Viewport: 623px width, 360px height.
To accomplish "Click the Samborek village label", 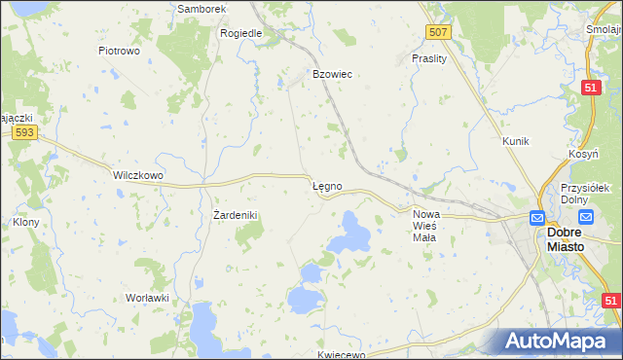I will (202, 9).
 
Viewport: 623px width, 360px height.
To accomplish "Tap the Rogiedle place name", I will (241, 32).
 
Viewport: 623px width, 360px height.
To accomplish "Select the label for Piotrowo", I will (121, 50).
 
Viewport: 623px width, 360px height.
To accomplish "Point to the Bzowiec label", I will (331, 74).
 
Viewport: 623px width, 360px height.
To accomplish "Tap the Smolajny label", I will (605, 29).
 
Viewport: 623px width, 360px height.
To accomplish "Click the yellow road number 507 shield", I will (439, 32).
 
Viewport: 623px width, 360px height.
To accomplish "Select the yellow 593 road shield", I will (25, 133).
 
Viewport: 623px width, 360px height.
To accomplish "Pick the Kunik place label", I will (515, 141).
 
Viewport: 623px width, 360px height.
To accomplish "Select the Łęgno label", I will (326, 185).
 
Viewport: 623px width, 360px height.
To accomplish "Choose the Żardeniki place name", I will (235, 214).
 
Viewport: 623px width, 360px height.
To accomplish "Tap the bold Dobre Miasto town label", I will (566, 239).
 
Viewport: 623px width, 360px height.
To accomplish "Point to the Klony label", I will (25, 221).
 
